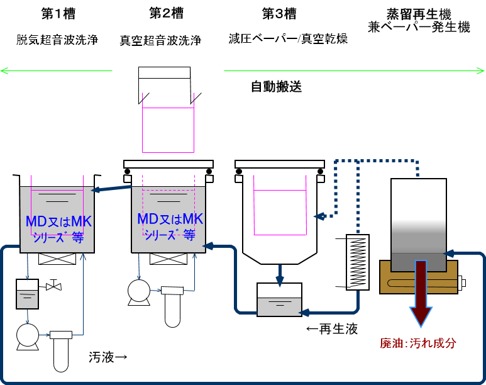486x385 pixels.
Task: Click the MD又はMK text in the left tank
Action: tap(58, 221)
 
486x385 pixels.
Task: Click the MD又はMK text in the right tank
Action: tap(170, 219)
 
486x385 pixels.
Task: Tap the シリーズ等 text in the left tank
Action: tap(58, 237)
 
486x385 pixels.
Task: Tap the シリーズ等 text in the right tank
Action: tap(170, 235)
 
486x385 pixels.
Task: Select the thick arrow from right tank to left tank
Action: tap(112, 187)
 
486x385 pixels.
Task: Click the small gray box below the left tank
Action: tap(27, 299)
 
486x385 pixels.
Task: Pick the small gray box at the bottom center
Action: tap(279, 306)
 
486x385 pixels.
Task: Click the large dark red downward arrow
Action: tap(421, 293)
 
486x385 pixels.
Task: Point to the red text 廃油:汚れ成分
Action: tap(417, 343)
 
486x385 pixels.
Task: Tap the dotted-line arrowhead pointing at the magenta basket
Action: tap(319, 216)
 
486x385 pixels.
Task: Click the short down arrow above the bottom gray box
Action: tap(280, 277)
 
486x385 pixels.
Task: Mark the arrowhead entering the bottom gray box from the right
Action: tap(304, 312)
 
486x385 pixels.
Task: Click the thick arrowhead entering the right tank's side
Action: tap(209, 246)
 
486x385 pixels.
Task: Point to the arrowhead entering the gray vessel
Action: tap(449, 254)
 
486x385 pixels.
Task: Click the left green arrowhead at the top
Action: tap(4, 70)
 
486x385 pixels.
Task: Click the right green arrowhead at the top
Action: tap(481, 70)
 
